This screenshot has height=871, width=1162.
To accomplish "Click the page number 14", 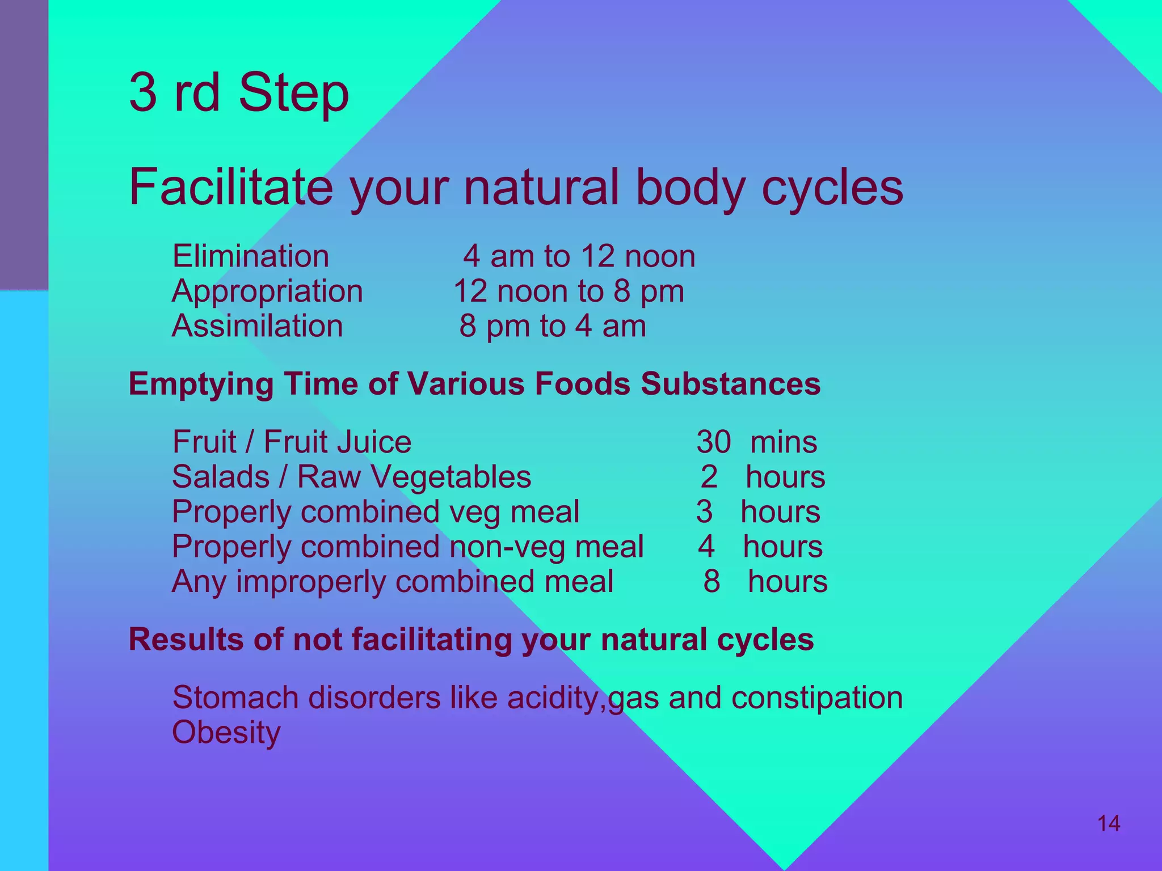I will coord(1109,823).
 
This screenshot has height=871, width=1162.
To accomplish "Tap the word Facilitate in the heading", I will coord(230,187).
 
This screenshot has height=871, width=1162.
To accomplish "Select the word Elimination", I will coord(250,256).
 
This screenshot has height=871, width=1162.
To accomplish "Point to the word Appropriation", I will coord(267,291).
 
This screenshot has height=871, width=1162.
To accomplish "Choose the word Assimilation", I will coord(257,326).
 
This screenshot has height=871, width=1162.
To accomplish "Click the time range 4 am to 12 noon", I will coord(579,256).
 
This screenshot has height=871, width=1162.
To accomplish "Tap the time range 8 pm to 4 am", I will coord(553,326).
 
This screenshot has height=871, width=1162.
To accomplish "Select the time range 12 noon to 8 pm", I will coord(569,291).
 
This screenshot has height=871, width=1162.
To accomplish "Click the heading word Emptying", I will coord(201,384).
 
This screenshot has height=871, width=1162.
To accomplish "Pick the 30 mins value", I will coord(757,442).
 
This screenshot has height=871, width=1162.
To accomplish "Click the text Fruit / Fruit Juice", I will coord(292,442).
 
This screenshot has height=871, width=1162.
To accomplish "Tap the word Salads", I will coord(220,476).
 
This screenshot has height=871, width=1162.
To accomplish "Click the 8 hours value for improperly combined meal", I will coord(765,581).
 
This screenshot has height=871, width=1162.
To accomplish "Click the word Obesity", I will coord(226,732).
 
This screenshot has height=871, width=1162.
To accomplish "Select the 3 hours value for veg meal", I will coord(758,511).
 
